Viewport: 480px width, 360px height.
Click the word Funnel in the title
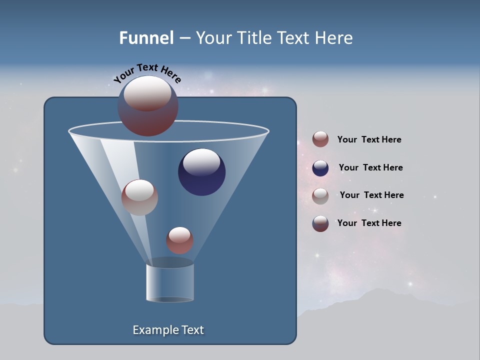pos(146,38)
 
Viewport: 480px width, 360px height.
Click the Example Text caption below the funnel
pos(168,330)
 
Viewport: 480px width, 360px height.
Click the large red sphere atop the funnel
pos(147,106)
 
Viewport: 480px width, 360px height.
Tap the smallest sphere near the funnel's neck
pos(179,240)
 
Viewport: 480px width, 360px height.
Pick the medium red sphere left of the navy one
pos(139,197)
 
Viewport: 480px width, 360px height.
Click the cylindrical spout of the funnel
pos(170,282)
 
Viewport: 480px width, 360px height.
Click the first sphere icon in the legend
pos(320,139)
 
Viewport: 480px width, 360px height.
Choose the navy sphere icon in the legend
pos(320,168)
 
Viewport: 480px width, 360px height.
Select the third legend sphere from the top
pos(320,195)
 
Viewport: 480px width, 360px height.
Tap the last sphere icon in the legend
pos(320,223)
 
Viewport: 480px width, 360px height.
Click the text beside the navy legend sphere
pos(370,168)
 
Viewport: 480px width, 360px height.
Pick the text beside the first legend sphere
pos(369,140)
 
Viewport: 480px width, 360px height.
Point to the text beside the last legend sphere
pos(369,223)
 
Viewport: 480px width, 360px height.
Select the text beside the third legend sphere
pos(371,195)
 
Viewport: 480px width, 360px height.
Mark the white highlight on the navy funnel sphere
pos(202,162)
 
